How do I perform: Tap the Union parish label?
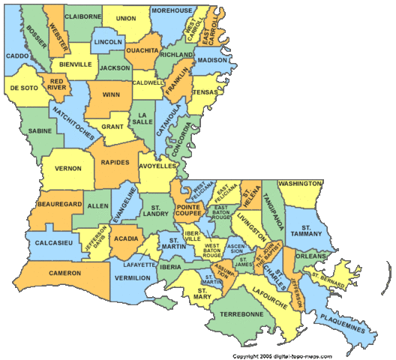(126, 18)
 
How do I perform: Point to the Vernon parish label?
(67, 167)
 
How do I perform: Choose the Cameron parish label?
(64, 273)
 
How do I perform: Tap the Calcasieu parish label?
(51, 241)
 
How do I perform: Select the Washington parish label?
(300, 183)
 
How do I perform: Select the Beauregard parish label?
(56, 205)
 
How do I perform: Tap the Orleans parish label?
(310, 256)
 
